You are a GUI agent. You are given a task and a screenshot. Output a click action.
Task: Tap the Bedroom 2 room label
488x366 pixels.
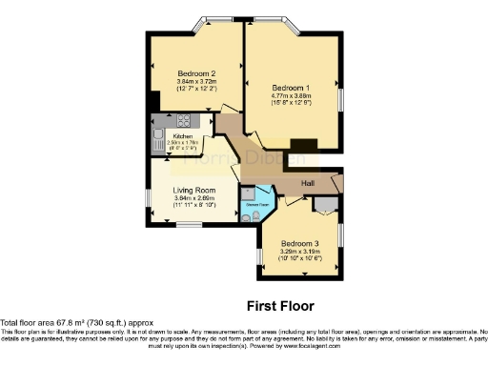[197, 73]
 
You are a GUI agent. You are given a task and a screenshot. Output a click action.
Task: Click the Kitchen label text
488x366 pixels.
[182, 135]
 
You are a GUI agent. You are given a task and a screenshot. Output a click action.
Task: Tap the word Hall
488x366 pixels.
[309, 183]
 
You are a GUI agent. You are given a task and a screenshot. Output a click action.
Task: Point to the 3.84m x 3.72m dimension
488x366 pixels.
[197, 82]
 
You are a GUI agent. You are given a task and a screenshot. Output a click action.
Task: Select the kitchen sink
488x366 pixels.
[157, 137]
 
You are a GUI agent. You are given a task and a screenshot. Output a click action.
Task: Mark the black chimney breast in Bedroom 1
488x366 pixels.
[303, 145]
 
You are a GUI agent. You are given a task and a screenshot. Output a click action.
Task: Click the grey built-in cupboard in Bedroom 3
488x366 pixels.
[328, 205]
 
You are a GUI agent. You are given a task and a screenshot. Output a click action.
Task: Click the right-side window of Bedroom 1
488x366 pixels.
[341, 99]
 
